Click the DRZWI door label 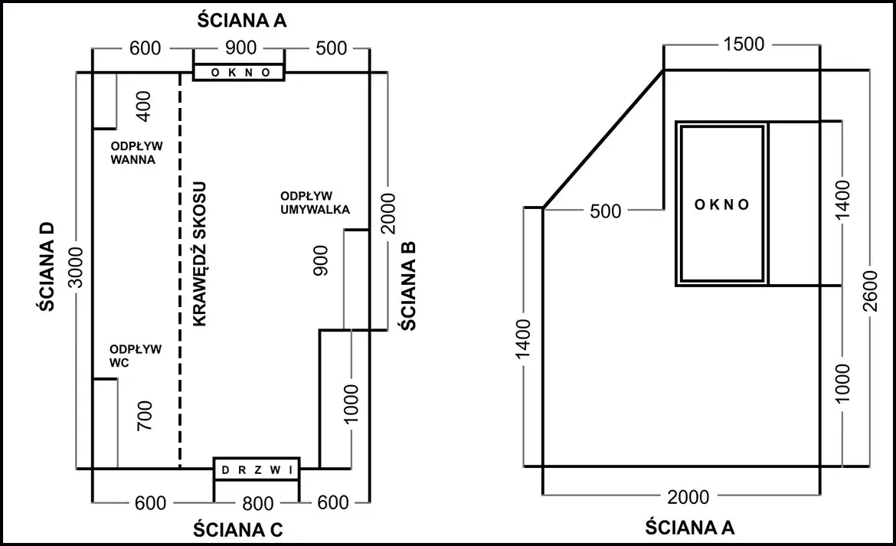coord(257,470)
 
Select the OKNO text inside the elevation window coord(721,204)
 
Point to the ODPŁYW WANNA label coord(136,152)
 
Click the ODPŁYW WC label coord(136,356)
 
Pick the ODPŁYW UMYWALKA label coord(315,203)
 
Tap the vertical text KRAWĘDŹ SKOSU coord(199,254)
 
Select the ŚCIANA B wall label coord(408,286)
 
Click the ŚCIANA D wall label coord(46,266)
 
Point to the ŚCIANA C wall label coord(237,529)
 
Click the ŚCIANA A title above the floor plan coord(242,21)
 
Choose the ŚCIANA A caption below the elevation coord(690,527)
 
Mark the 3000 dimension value coord(76,267)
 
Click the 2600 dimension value coord(869,291)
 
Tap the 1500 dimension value coord(744,44)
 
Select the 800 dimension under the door coord(258,503)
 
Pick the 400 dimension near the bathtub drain coord(144,106)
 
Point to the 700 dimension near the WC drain coord(146,415)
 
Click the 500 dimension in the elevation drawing coord(605,211)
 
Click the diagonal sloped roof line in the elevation coord(603,139)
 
